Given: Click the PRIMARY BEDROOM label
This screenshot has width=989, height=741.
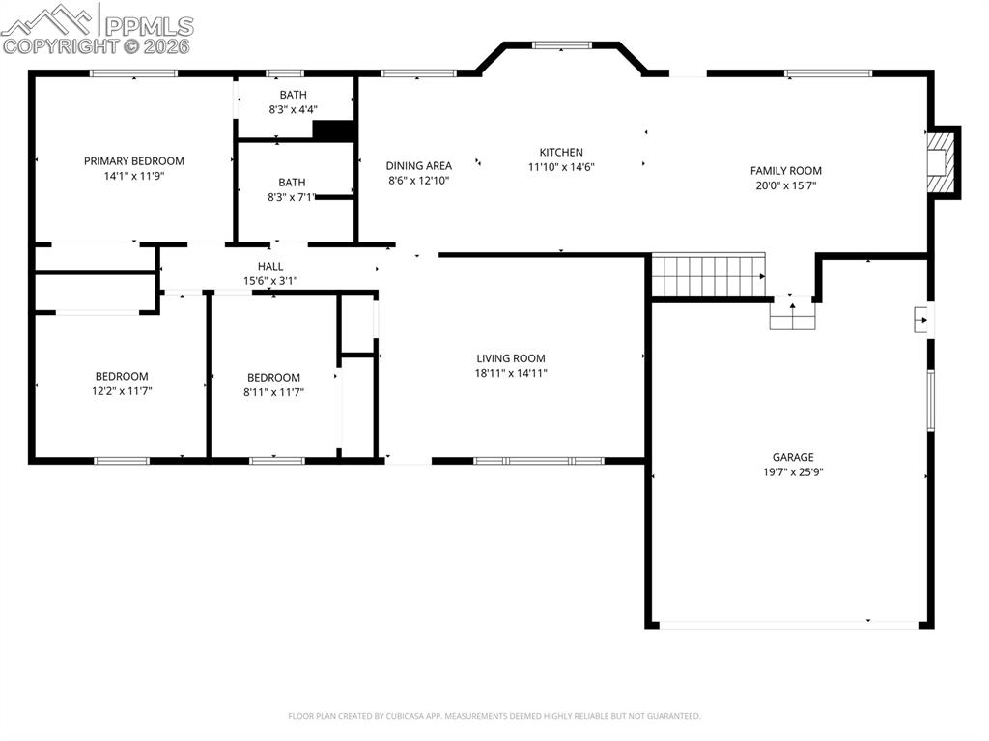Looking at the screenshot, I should tap(133, 161).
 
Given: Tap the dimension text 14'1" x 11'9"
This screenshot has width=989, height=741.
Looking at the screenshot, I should tap(133, 177).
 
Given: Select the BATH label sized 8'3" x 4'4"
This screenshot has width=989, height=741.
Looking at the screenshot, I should tap(293, 95).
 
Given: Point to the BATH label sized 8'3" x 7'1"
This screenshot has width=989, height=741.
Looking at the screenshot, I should tap(292, 183).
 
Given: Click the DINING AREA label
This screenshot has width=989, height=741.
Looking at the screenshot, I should tap(418, 166).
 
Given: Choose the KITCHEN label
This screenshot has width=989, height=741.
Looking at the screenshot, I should tap(560, 153).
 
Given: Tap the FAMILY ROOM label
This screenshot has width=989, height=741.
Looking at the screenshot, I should tap(785, 171).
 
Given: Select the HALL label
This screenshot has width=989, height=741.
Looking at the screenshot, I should tap(270, 267).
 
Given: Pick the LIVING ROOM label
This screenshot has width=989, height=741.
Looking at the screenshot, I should tap(510, 358).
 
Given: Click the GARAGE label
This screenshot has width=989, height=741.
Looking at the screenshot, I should tap(792, 458).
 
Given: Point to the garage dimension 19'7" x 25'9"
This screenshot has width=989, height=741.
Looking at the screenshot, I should tap(792, 472).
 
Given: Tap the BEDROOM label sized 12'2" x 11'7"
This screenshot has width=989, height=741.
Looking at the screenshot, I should tap(122, 377).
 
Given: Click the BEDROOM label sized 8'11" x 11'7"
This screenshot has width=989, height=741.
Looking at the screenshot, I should tap(273, 378).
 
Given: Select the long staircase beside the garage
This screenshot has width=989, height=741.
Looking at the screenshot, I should tap(708, 275).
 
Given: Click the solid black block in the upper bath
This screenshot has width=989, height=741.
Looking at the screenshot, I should tap(334, 130).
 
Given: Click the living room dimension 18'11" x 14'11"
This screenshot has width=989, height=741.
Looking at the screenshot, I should tap(510, 373).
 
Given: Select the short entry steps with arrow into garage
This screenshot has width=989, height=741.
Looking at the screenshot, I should tap(793, 313).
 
